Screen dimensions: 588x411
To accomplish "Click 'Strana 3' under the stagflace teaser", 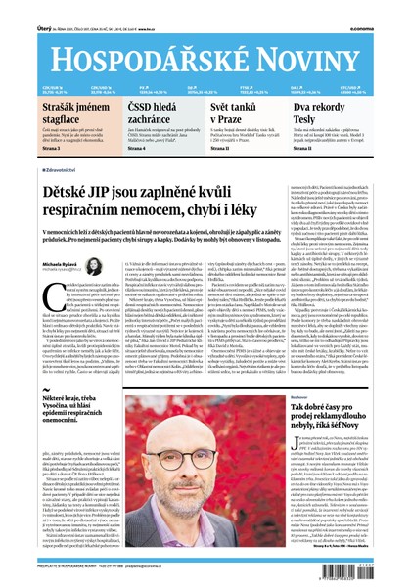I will point(23,149).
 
